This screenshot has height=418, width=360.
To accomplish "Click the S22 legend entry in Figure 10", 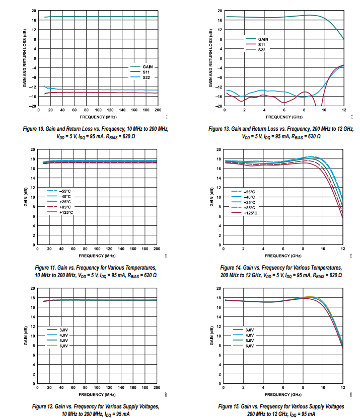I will (138, 77).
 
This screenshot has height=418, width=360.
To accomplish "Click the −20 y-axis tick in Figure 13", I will (219, 106).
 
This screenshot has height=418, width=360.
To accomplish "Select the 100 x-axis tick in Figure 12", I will (97, 387).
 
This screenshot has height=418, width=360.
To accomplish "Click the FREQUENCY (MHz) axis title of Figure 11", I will (97, 256).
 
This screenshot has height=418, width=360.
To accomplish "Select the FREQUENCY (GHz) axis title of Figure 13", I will (283, 117).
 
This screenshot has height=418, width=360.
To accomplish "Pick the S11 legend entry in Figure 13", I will (261, 44).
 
